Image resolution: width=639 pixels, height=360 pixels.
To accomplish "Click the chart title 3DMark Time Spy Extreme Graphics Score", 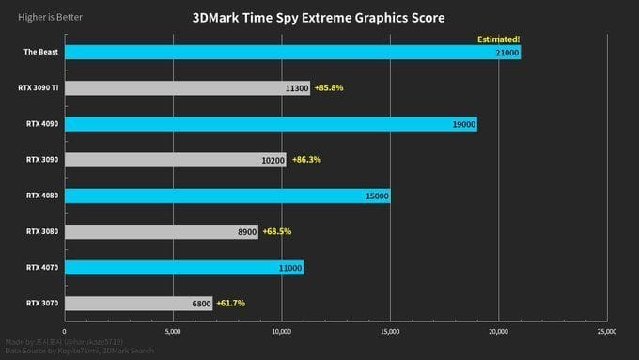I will pyautogui.click(x=318, y=18).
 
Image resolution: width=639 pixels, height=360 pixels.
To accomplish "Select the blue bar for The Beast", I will pyautogui.click(x=292, y=52).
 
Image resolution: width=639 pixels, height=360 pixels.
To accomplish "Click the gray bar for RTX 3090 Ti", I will pyautogui.click(x=187, y=87).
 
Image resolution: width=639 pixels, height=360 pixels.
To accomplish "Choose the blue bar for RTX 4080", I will pyautogui.click(x=226, y=196).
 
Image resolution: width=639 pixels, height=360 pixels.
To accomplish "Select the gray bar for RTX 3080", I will pyautogui.click(x=161, y=231).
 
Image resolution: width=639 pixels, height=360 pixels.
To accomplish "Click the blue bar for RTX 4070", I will pyautogui.click(x=183, y=268).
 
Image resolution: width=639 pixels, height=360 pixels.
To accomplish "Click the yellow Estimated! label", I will pyautogui.click(x=499, y=39).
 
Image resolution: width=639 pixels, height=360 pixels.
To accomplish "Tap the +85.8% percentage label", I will pyautogui.click(x=329, y=87).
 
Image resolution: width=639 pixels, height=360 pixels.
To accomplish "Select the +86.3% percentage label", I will pyautogui.click(x=306, y=160).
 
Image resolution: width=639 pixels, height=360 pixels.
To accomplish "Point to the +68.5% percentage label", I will pyautogui.click(x=277, y=231).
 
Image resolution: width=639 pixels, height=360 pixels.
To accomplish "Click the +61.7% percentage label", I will pyautogui.click(x=231, y=304).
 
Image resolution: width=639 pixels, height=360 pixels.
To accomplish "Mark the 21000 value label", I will pyautogui.click(x=506, y=53).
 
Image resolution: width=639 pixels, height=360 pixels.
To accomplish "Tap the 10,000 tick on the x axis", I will pyautogui.click(x=281, y=332).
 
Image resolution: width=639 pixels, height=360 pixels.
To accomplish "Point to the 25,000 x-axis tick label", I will pyautogui.click(x=606, y=332).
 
